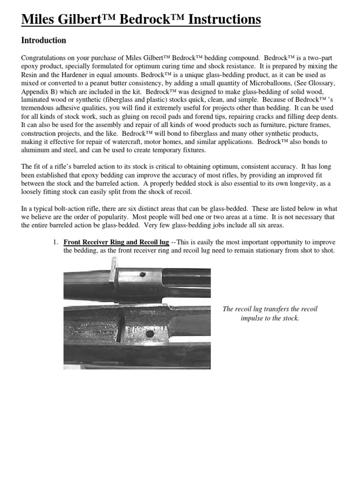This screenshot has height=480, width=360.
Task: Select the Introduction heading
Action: click(44, 41)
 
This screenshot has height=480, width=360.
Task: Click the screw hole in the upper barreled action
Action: click(144, 275)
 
